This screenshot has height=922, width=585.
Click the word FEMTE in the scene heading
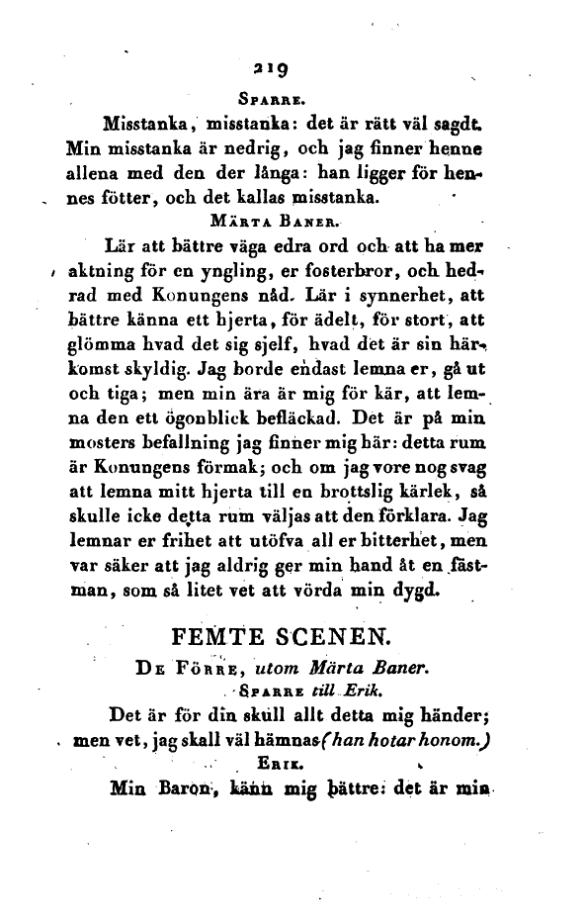click(214, 633)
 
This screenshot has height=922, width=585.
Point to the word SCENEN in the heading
click(333, 633)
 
